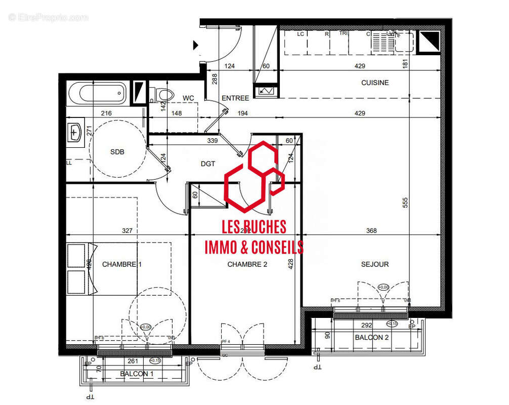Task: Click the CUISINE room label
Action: tap(375, 83)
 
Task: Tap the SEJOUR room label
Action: tap(375, 264)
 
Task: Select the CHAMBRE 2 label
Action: tap(247, 264)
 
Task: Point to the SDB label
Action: tap(117, 152)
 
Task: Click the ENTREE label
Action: tap(235, 98)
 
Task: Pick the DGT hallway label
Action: tap(208, 164)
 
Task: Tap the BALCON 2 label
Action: tap(372, 337)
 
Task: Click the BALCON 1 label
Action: tap(137, 374)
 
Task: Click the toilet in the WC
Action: tap(162, 94)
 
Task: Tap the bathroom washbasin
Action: tap(75, 133)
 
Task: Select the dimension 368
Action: tap(372, 231)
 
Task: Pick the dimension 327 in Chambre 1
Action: tap(127, 231)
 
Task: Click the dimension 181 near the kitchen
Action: tap(405, 64)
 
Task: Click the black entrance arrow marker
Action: tap(196, 46)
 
